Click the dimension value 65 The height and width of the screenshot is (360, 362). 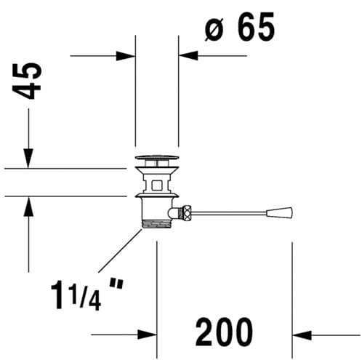pos(257,27)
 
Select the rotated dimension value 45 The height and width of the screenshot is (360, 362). pos(27,81)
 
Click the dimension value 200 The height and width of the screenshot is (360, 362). pos(224,332)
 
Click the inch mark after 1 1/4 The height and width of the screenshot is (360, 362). pos(116,284)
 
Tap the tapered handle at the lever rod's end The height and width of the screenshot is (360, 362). pos(279,212)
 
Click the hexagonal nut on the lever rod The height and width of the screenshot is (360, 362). pos(187,212)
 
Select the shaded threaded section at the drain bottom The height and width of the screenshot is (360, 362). pos(157,224)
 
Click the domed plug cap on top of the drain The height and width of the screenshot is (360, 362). pos(157,158)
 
